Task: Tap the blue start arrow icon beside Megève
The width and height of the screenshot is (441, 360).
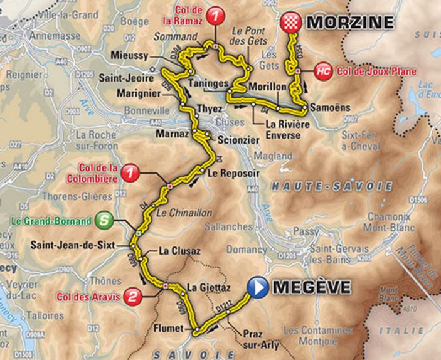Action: (258, 288)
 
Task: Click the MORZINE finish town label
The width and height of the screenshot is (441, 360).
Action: (350, 23)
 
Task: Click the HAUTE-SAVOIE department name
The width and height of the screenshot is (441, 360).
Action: (332, 186)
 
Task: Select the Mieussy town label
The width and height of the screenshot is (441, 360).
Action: (129, 55)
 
